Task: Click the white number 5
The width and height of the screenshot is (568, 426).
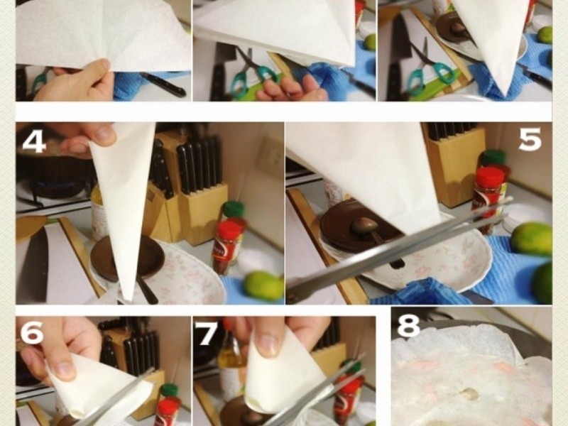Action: click(x=530, y=139)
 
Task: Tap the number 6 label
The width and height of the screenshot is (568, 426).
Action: click(x=31, y=332)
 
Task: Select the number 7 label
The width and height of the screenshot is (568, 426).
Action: click(x=206, y=332)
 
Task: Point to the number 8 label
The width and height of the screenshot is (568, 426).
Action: click(x=409, y=325)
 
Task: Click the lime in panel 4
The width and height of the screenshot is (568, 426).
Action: click(x=263, y=286)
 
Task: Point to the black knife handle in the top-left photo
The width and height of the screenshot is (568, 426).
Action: click(x=163, y=84)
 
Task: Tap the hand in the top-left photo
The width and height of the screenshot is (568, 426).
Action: click(x=75, y=82)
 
